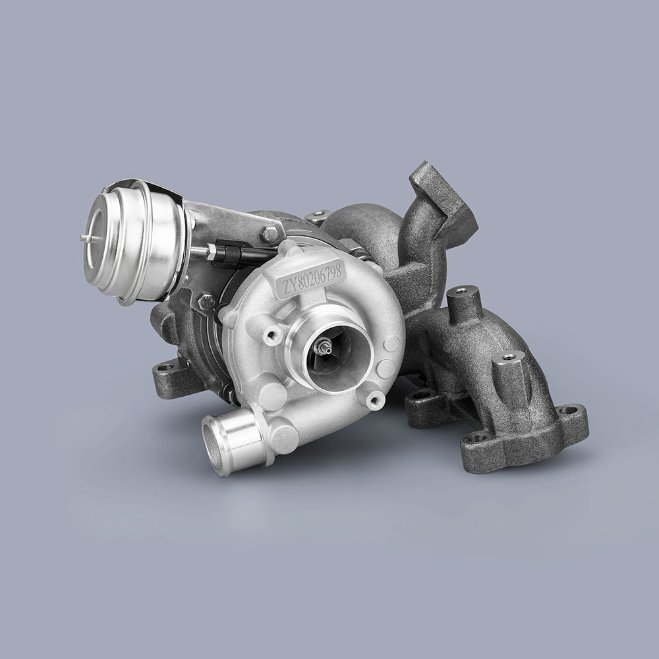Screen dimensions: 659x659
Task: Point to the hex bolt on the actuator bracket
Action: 270,233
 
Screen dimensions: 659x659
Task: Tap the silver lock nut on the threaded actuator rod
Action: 212,250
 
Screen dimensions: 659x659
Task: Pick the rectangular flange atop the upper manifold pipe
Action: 443,194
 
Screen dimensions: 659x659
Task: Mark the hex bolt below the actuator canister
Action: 206,301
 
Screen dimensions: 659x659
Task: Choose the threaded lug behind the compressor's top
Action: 320,215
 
